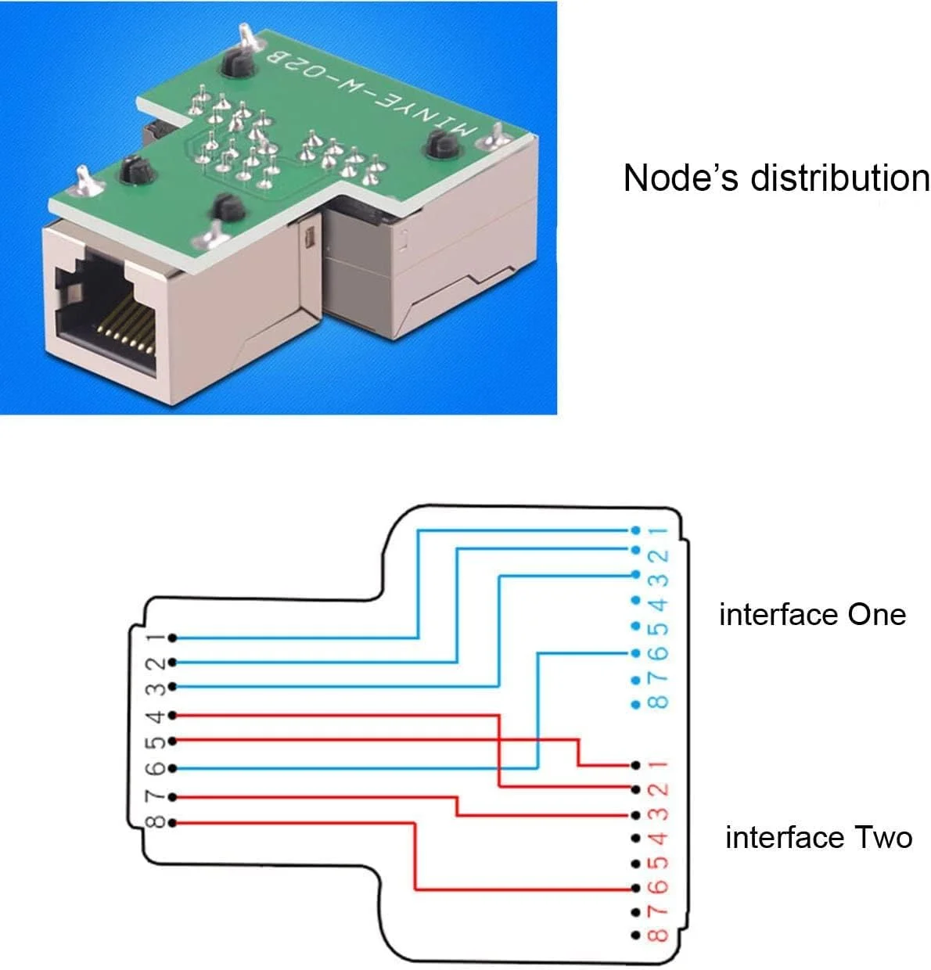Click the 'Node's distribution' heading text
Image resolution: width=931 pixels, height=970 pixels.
coord(776,178)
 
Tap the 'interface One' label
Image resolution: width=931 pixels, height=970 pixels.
coord(812,615)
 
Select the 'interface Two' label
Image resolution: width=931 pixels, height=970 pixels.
coord(818,838)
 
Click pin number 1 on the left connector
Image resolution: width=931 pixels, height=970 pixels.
coord(156,638)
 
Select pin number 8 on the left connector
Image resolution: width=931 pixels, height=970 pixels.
coord(156,823)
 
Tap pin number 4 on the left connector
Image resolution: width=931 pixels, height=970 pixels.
coord(156,716)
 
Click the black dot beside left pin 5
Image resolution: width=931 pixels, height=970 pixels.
coord(171,741)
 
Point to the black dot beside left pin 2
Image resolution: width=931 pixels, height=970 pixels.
coord(171,663)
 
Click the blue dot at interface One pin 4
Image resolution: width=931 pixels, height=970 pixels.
coord(634,602)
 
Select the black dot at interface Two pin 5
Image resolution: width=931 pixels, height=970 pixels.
coord(634,864)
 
